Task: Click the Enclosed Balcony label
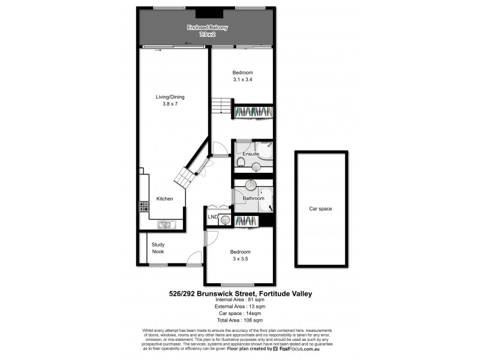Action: (201, 28)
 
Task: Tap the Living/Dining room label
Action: (170, 97)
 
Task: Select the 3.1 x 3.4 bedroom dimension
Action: (243, 80)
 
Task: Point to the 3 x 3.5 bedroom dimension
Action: (239, 259)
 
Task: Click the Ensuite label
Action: (250, 154)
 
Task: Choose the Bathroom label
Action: (253, 198)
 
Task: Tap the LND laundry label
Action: (212, 217)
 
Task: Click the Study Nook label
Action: (158, 248)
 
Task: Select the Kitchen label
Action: (164, 199)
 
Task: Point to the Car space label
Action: (320, 209)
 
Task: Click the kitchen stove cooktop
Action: (144, 206)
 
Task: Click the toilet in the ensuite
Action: (240, 163)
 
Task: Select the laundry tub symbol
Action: (224, 220)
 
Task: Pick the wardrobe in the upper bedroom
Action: (253, 112)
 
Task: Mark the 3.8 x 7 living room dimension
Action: (170, 104)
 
